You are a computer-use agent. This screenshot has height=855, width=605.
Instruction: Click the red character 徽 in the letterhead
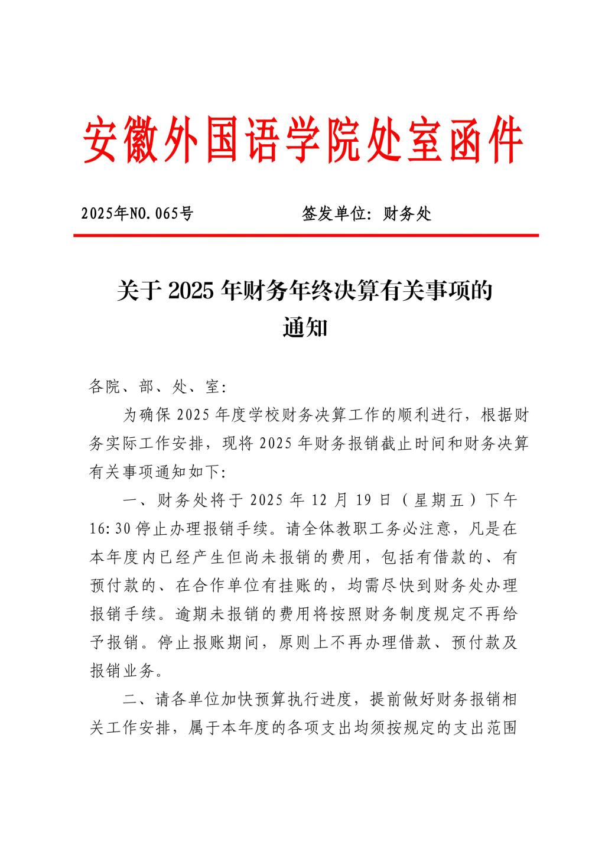[144, 141]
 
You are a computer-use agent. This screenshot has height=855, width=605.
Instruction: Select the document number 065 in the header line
[167, 213]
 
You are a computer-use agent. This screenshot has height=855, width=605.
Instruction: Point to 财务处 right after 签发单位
[408, 213]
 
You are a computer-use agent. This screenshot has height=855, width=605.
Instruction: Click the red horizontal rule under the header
[306, 235]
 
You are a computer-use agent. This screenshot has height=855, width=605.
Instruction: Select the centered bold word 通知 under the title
[305, 327]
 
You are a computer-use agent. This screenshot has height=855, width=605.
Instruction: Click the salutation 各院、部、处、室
[154, 387]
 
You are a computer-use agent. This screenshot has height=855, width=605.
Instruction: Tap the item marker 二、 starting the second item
[138, 700]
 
